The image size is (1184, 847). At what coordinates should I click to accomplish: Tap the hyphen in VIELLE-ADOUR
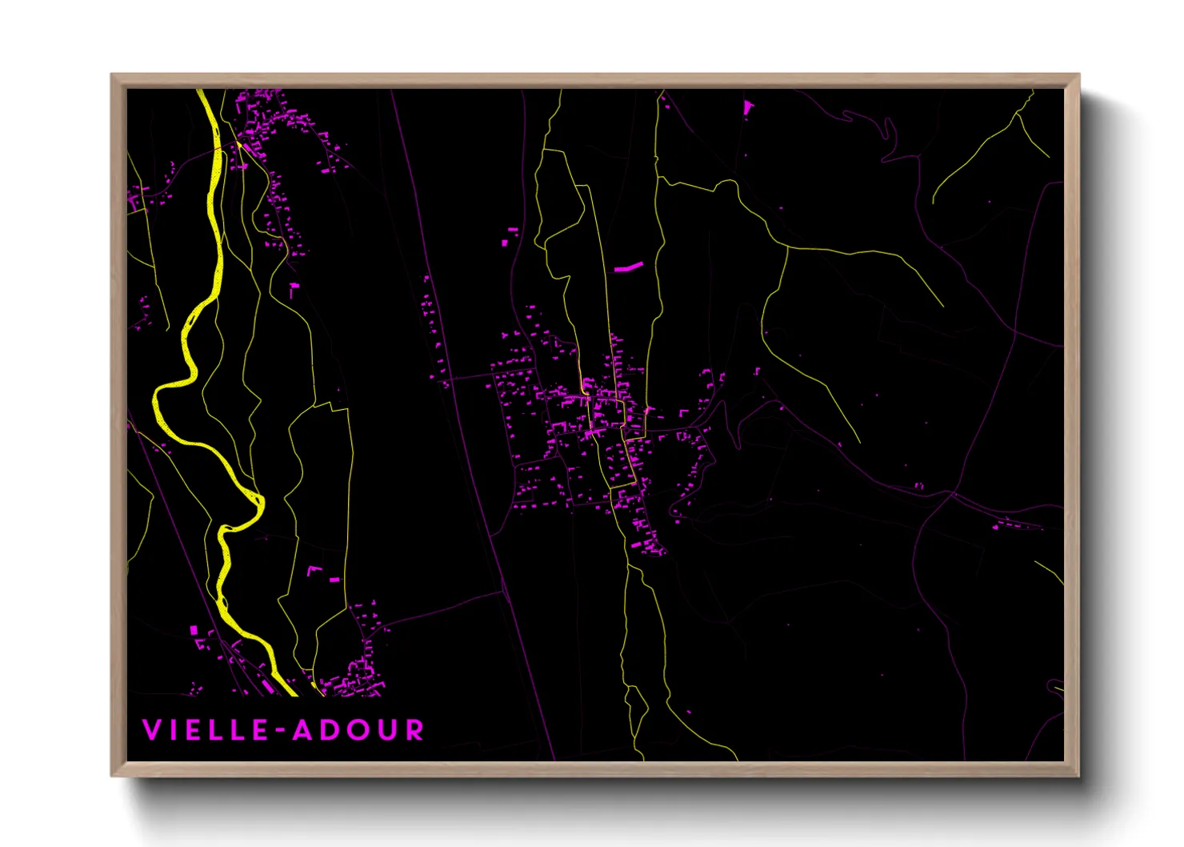(280, 730)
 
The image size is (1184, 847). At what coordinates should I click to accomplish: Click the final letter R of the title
(414, 730)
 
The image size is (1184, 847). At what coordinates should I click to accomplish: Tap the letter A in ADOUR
(301, 730)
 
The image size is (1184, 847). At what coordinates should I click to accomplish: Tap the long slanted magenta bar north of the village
(629, 267)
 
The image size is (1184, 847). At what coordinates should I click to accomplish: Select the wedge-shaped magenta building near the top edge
(748, 106)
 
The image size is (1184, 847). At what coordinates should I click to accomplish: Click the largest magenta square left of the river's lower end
(194, 631)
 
